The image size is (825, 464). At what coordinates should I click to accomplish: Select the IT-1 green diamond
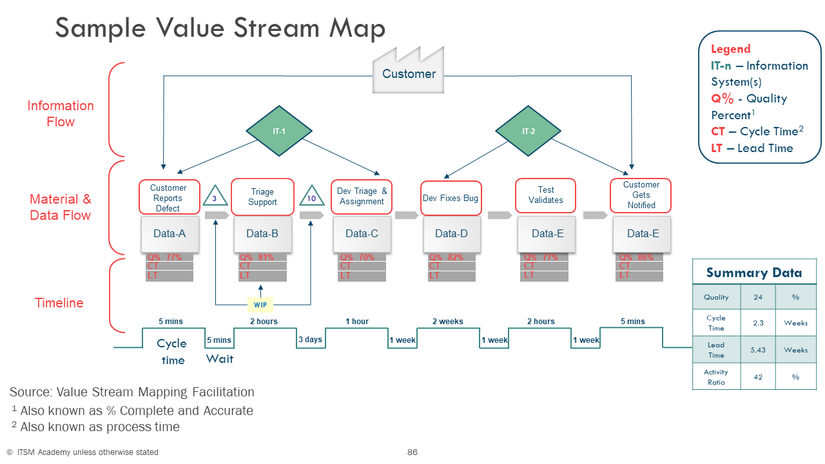pos(278,131)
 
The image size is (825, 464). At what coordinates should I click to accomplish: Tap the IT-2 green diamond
pos(528,131)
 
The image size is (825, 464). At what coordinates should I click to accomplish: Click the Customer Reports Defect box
pos(169,197)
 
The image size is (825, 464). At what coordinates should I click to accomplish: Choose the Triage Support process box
pos(262,197)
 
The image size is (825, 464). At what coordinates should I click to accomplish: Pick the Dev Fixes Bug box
pos(451,198)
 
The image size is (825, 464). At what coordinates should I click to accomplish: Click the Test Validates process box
pos(545,195)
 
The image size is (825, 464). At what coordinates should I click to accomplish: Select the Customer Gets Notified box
pos(641,195)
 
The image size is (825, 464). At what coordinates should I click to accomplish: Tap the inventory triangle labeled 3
pos(215,197)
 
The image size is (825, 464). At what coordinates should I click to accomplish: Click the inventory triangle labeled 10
pos(311,197)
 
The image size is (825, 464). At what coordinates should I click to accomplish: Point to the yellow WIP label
pos(260,304)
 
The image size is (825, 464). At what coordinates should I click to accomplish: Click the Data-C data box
pos(362,233)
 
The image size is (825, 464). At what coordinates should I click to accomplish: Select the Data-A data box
pos(170,233)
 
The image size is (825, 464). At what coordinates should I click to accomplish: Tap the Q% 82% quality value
pos(447,257)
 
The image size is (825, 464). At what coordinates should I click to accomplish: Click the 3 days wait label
pos(310,340)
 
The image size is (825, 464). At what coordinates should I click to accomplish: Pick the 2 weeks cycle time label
pos(447,322)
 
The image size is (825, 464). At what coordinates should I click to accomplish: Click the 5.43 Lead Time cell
pos(758,350)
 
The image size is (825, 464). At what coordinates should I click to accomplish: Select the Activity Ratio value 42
pos(758,377)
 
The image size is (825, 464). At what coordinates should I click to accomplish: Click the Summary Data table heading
pos(754,273)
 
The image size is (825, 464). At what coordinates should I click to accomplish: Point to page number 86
pos(412,452)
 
